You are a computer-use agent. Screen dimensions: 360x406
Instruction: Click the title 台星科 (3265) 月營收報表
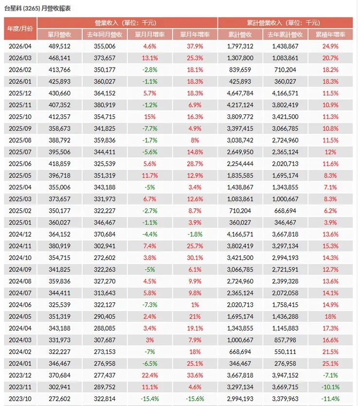click(37, 9)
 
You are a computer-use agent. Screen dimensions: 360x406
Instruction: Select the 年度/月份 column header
click(20, 29)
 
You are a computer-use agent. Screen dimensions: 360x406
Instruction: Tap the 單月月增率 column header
click(150, 35)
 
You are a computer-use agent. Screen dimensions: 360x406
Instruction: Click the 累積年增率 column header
click(330, 35)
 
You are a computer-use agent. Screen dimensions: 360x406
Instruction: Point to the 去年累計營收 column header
click(285, 35)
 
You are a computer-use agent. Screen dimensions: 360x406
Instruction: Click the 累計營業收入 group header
click(284, 23)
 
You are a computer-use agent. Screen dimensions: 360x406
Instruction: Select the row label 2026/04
click(20, 46)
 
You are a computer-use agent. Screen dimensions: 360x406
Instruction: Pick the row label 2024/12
click(20, 234)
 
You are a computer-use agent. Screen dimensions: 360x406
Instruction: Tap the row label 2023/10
click(20, 399)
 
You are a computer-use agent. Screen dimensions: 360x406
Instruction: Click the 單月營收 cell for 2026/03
click(59, 58)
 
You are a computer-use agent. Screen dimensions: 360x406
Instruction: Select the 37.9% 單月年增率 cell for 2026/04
click(195, 46)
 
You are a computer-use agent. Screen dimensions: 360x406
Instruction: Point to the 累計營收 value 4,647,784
click(240, 93)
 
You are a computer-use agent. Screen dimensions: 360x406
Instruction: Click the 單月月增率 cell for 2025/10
click(150, 117)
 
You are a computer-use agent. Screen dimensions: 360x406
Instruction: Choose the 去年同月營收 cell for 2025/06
click(105, 164)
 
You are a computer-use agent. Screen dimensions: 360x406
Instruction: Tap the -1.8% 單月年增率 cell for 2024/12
click(195, 234)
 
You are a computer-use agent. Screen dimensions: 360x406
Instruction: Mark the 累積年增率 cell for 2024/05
click(330, 316)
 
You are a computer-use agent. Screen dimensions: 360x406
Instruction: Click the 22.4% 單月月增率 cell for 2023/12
click(150, 375)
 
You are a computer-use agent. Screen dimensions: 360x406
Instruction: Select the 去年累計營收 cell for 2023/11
click(285, 387)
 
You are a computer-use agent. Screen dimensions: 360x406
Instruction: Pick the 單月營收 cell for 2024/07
click(59, 293)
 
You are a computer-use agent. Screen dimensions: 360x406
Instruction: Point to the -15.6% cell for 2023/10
click(195, 399)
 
